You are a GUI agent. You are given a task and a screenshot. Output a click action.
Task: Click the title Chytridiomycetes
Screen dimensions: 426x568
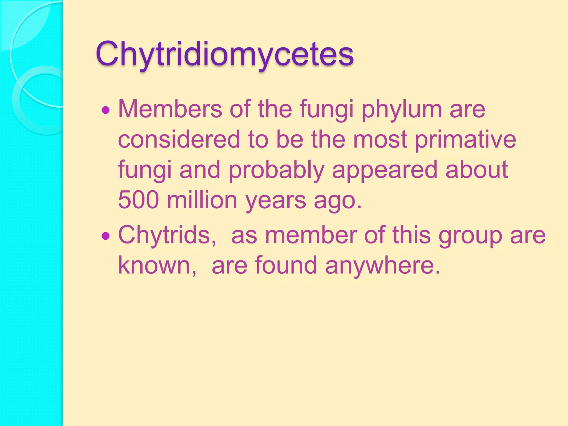tap(225, 54)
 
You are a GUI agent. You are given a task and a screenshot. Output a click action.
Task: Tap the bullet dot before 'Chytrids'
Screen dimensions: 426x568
tap(106, 236)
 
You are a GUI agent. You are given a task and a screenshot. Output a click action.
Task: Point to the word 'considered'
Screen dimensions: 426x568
tap(179, 139)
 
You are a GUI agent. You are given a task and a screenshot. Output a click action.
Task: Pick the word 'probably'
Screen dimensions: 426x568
tap(276, 170)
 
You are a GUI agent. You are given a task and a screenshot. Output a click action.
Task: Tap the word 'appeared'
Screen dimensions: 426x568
tap(385, 170)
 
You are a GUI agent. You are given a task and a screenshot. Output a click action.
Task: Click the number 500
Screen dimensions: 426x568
tap(138, 200)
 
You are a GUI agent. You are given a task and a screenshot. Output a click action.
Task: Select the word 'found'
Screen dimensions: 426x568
tap(286, 265)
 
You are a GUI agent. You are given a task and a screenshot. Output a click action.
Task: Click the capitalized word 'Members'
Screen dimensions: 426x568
tap(170, 109)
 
